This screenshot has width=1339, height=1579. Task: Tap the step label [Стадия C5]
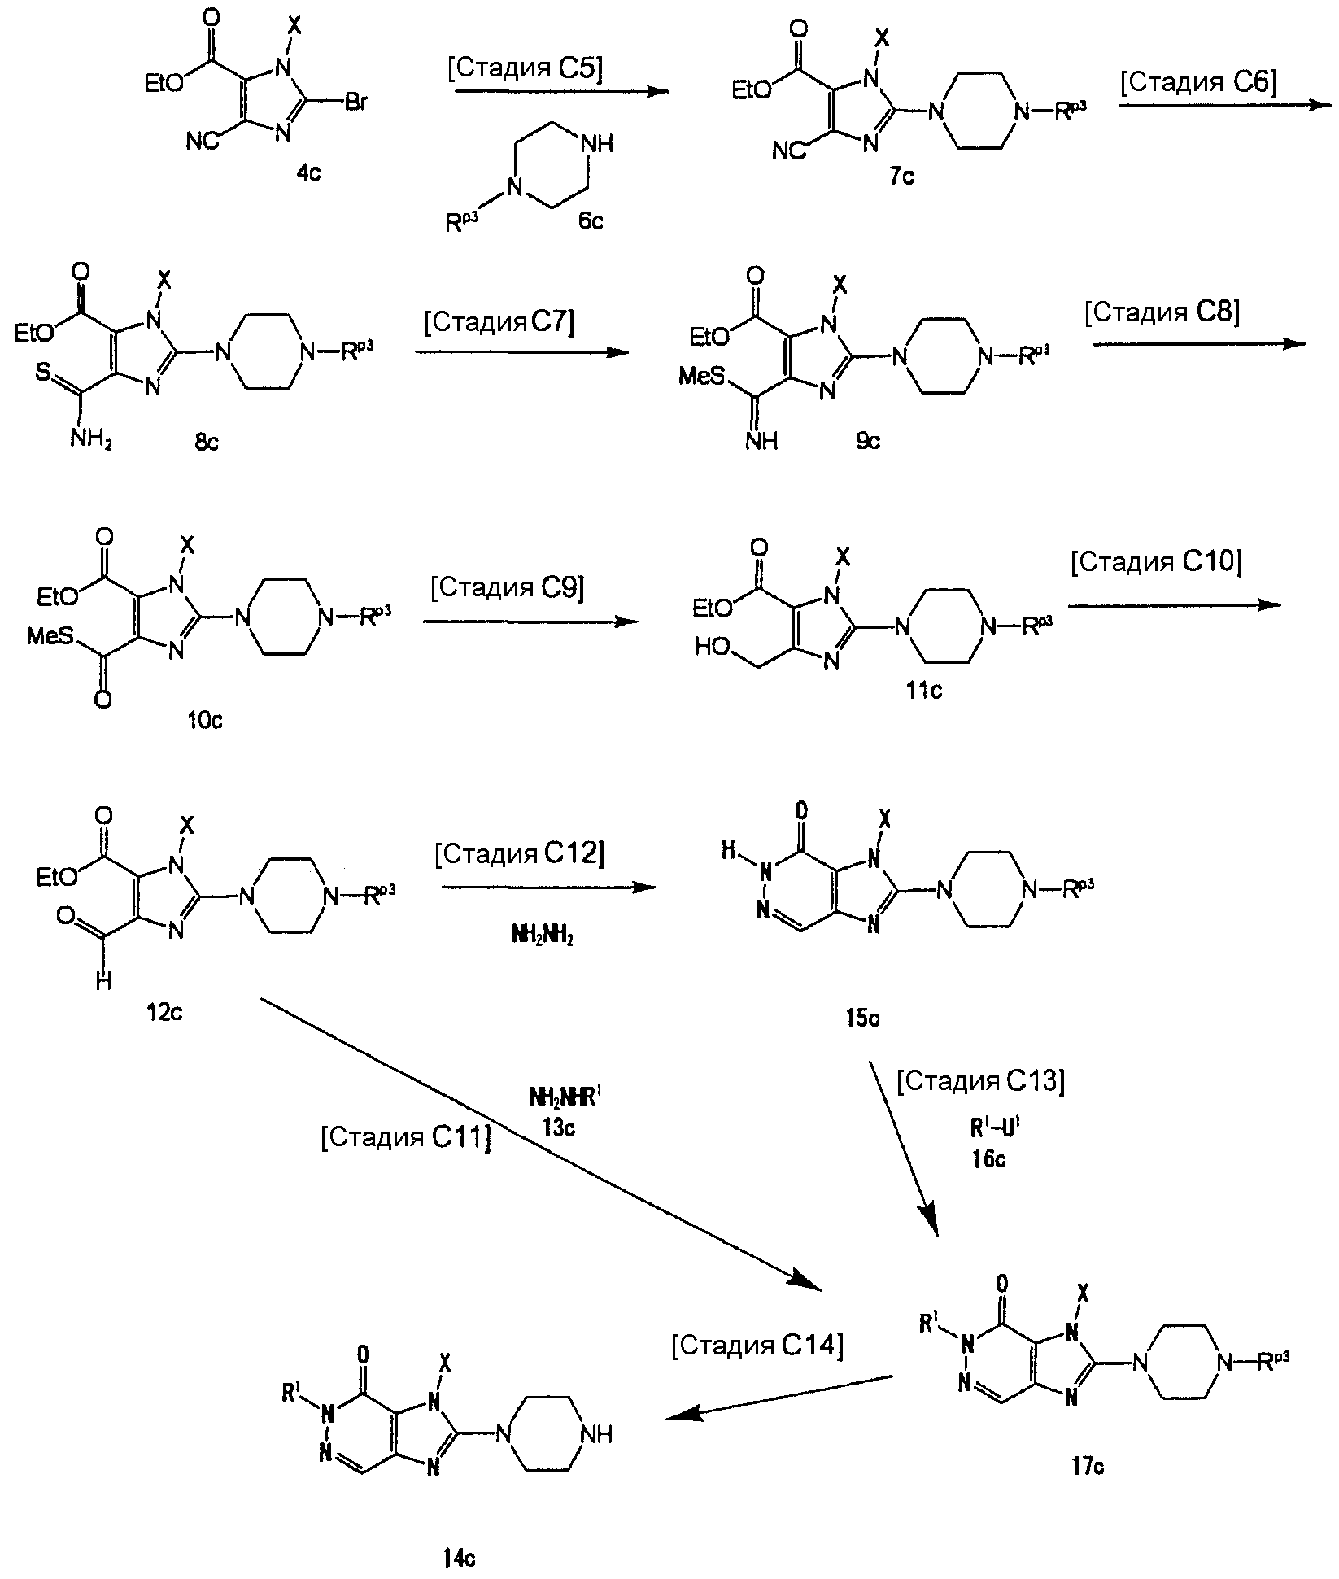[526, 69]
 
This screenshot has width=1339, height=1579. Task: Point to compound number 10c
[205, 721]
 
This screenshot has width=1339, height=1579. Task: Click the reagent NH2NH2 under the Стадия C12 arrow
[543, 938]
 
